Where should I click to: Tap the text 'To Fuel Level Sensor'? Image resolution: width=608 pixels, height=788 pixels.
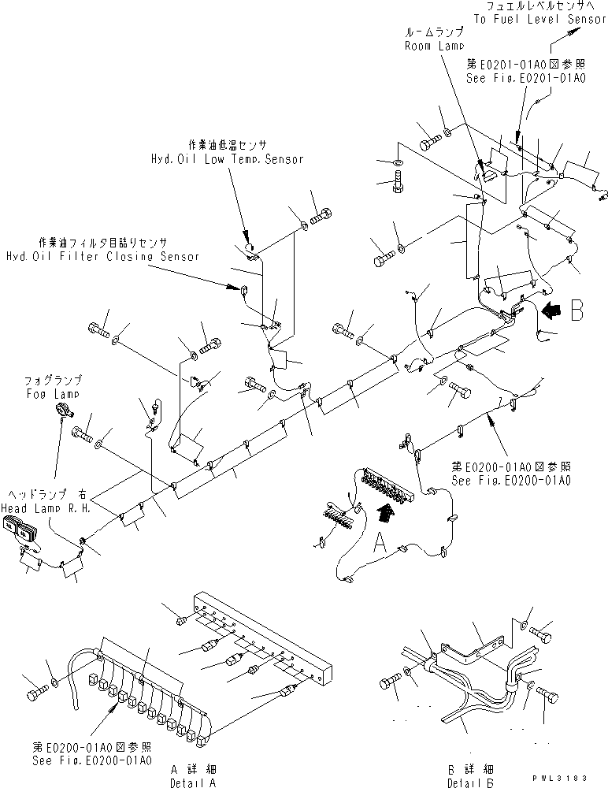544,20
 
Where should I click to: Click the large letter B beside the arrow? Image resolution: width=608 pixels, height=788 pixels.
577,310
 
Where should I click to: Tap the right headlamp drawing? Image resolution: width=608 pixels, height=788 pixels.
22,535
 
